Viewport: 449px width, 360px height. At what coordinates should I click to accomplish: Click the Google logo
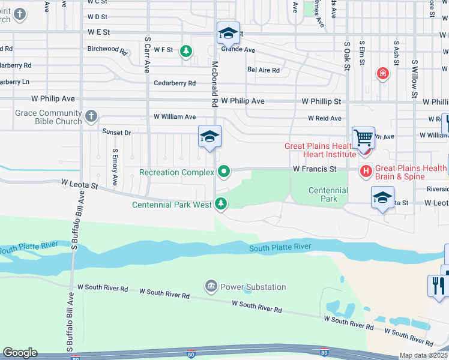tap(20, 353)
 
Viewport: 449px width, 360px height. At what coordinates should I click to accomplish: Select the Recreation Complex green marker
tap(224, 172)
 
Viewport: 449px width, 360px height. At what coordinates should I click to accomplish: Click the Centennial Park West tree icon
tap(221, 204)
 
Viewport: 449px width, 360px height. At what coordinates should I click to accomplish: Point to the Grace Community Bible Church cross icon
tap(91, 116)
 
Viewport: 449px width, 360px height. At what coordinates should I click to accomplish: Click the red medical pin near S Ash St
tap(382, 74)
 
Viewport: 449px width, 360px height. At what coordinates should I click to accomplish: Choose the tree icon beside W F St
tap(187, 51)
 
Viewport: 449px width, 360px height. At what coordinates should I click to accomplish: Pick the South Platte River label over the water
tap(280, 247)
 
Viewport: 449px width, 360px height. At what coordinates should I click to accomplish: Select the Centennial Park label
tap(328, 194)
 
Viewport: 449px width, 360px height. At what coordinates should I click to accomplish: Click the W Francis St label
tap(315, 170)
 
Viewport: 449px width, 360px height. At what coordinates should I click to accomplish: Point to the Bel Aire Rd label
tap(264, 70)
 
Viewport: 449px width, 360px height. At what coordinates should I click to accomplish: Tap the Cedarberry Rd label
tap(175, 83)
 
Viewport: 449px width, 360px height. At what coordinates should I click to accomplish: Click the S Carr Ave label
tap(147, 55)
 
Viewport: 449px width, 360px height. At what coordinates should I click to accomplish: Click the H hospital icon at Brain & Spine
tap(366, 172)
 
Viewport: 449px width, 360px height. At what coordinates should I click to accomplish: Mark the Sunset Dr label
tap(116, 132)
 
